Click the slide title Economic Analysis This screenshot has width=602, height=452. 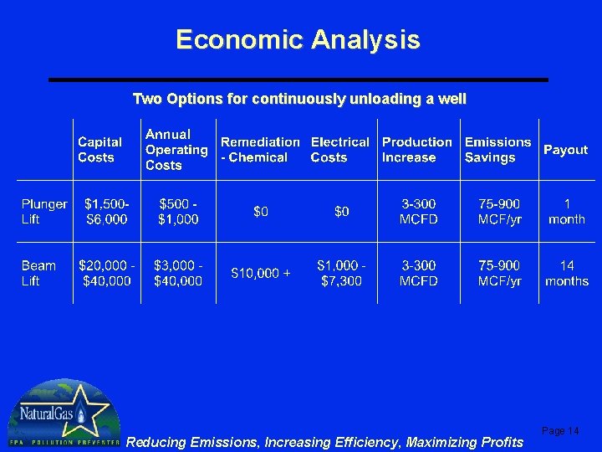298,39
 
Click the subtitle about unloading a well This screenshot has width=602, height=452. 299,99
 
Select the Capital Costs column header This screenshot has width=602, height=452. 99,150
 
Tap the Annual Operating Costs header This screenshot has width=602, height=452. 176,150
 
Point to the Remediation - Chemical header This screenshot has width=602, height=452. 259,150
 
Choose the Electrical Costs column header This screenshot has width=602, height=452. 339,150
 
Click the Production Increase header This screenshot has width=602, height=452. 416,150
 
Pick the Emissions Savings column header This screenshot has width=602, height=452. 497,150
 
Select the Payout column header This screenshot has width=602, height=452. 565,150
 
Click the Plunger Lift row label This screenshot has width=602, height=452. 44,211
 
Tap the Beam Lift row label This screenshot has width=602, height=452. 38,273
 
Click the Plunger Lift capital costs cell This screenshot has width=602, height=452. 107,211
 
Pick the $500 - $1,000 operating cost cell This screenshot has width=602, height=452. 178,211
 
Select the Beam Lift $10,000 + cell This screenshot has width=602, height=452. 261,273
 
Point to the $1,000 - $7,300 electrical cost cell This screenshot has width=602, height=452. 340,273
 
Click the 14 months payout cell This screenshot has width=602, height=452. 566,273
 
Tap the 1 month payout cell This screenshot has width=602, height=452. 566,211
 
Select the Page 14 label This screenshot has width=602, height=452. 560,430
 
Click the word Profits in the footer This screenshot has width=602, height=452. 498,442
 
